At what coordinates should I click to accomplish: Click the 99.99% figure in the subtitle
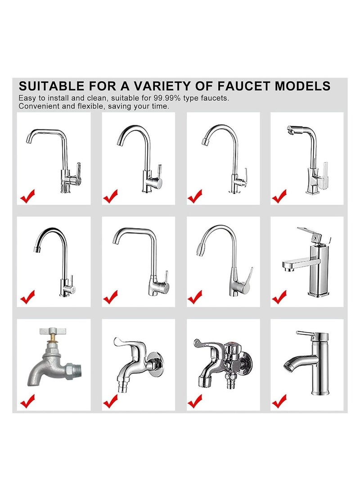click(167, 98)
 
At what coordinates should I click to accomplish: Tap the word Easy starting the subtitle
click(26, 98)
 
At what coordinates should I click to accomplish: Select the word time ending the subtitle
click(161, 106)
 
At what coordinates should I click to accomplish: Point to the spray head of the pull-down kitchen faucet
click(200, 248)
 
